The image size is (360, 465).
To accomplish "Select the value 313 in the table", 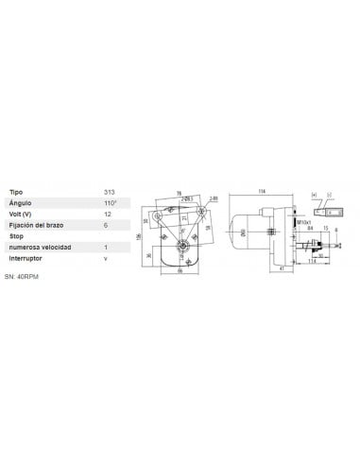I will point(109,192).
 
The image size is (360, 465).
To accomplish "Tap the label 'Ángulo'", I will point(20,203).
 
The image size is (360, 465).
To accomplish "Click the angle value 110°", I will point(110,203).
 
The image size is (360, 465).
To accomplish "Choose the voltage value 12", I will point(107,214).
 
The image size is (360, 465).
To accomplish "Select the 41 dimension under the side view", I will point(284,270).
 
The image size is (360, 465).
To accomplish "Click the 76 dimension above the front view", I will point(180,194).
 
